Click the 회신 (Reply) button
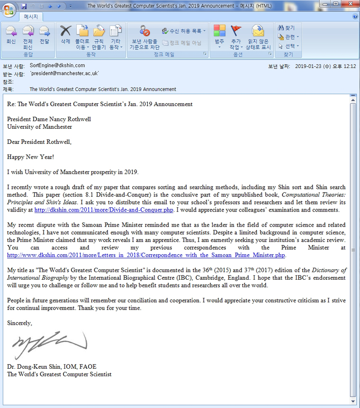[11, 35]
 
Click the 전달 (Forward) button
[45, 35]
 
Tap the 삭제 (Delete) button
[65, 35]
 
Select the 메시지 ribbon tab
[32, 17]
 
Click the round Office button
[9, 8]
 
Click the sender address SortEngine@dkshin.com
[57, 65]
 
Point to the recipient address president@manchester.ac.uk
[64, 73]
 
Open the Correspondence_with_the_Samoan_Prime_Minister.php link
[146, 255]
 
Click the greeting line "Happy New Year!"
[30, 157]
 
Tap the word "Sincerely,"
[20, 323]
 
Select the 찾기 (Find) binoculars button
[286, 28]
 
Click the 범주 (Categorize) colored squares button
[219, 35]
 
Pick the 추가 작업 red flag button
[235, 35]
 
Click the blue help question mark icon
[355, 17]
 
